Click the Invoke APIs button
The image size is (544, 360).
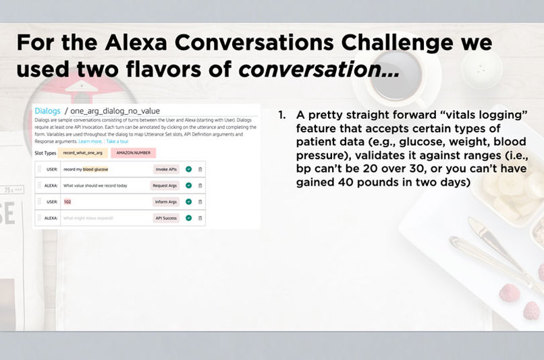click(x=166, y=169)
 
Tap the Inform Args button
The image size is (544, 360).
click(x=166, y=201)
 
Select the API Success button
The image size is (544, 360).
click(x=166, y=217)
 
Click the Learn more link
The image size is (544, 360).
click(x=89, y=141)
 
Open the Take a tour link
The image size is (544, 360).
click(x=117, y=141)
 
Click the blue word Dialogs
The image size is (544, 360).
click(x=47, y=111)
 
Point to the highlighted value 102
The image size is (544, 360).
click(x=67, y=201)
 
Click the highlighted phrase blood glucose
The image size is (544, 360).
click(x=95, y=169)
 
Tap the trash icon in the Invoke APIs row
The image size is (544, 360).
click(x=200, y=169)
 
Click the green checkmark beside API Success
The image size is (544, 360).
click(x=189, y=217)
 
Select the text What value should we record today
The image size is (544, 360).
click(x=94, y=185)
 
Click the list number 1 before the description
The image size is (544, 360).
click(x=281, y=115)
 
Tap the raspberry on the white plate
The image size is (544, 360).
click(x=509, y=292)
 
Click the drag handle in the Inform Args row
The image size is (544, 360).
click(x=39, y=201)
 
